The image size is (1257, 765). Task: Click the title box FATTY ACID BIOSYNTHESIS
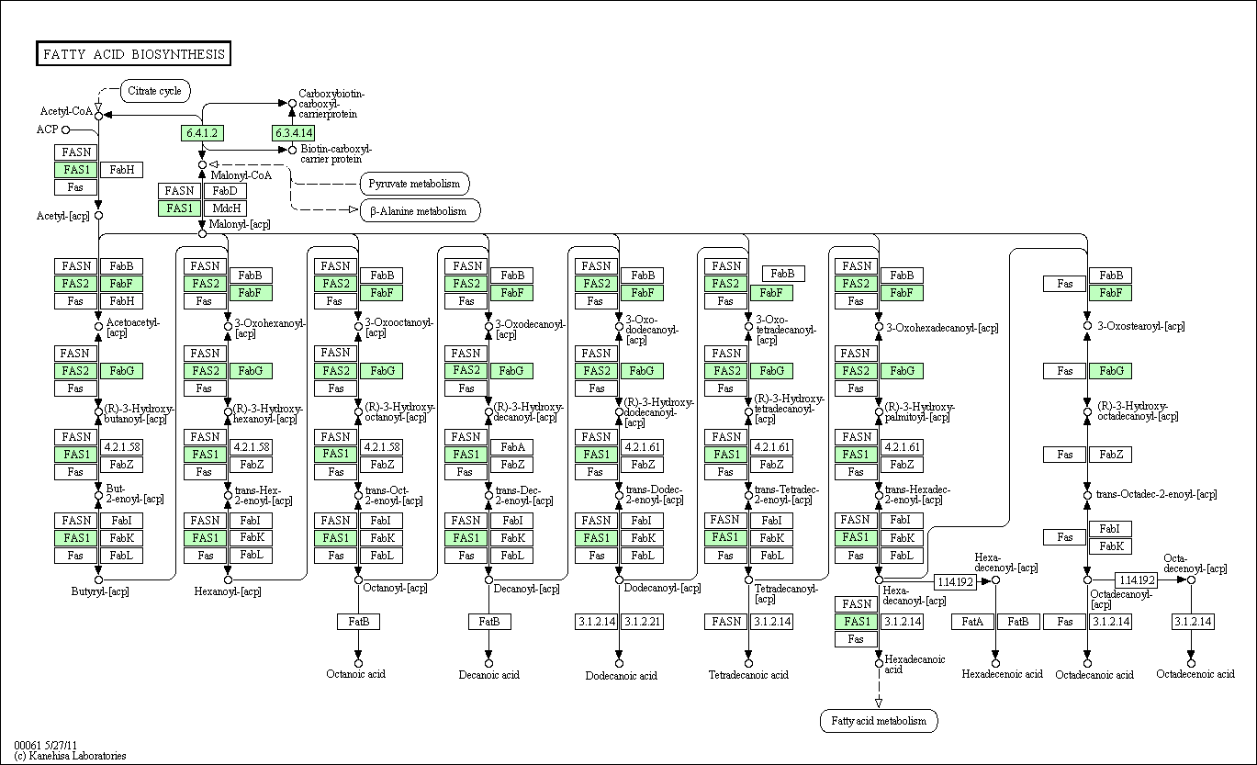[132, 54]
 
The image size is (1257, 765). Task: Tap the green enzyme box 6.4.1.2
[202, 133]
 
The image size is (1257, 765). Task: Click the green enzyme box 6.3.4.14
[293, 133]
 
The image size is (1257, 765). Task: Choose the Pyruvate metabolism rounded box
[414, 184]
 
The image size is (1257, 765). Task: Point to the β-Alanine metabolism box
[419, 211]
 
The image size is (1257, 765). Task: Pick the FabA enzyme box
[512, 447]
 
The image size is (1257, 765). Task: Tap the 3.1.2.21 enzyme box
[641, 622]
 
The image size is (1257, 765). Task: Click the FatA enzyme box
[972, 622]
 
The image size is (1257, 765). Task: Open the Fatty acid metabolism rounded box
[879, 721]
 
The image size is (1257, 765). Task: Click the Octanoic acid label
[356, 674]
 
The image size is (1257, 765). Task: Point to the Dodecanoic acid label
[622, 676]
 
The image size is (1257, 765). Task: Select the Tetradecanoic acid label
[748, 675]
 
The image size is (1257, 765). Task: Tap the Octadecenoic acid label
[1195, 674]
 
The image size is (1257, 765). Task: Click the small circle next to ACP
[65, 129]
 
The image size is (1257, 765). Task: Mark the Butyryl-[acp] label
[101, 591]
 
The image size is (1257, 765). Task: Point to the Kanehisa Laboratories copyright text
[70, 756]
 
